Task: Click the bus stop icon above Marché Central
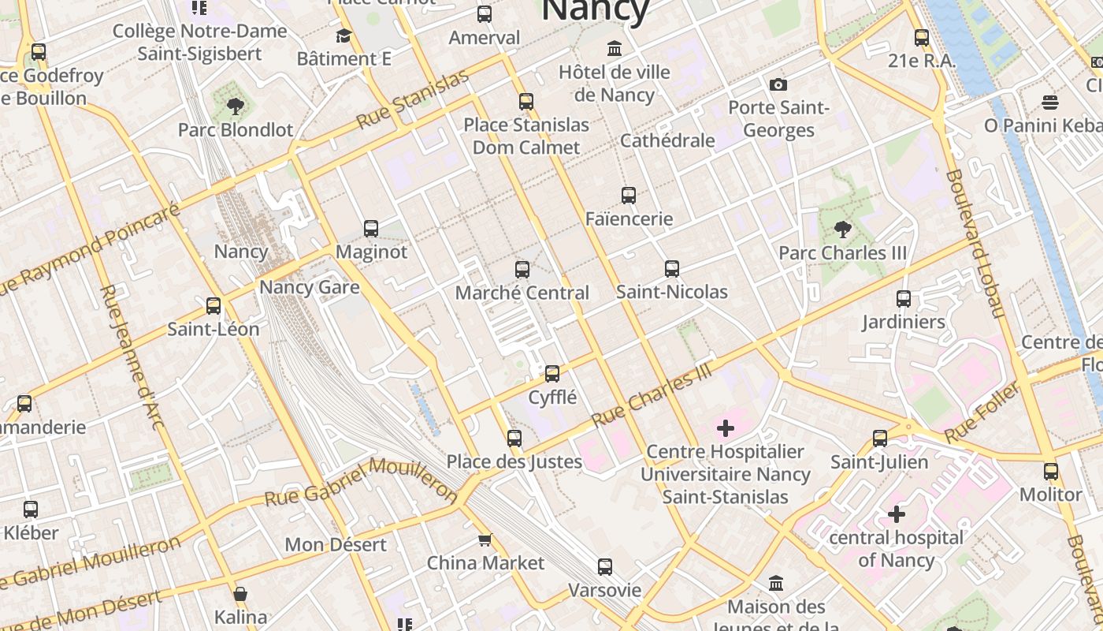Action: pyautogui.click(x=522, y=270)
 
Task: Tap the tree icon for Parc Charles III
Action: pyautogui.click(x=842, y=230)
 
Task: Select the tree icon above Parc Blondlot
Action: pyautogui.click(x=234, y=106)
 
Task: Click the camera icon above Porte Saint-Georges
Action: pyautogui.click(x=778, y=84)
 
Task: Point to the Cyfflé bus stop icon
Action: pyautogui.click(x=552, y=374)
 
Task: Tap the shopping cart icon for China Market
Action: pyautogui.click(x=485, y=540)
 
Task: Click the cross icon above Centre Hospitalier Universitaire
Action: pyautogui.click(x=725, y=428)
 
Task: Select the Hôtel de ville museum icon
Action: pyautogui.click(x=615, y=49)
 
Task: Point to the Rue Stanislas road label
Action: pyautogui.click(x=412, y=99)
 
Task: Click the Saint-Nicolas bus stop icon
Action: pyautogui.click(x=671, y=269)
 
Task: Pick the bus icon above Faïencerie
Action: pyautogui.click(x=628, y=196)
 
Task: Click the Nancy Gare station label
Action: pyautogui.click(x=309, y=287)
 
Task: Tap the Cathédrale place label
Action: pyautogui.click(x=667, y=140)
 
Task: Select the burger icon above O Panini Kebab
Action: pyautogui.click(x=1049, y=102)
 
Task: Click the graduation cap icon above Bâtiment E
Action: pyautogui.click(x=344, y=35)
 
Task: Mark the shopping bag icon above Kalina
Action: pyautogui.click(x=240, y=594)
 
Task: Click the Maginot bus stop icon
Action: pyautogui.click(x=371, y=229)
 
